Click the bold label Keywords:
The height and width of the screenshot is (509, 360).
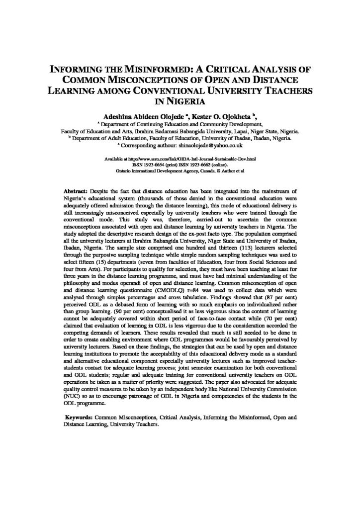81,418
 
